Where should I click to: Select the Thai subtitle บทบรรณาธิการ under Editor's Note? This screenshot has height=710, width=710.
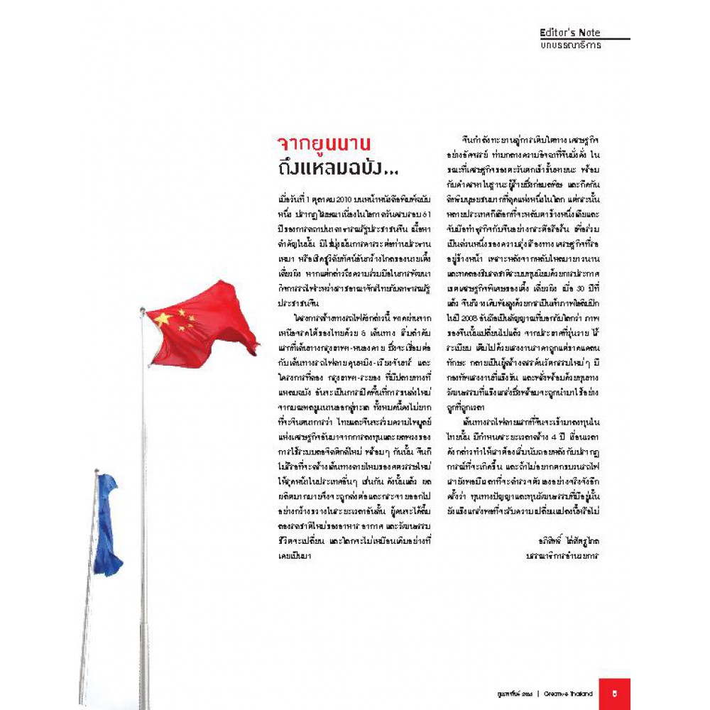570,45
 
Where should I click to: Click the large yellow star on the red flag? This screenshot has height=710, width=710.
163,319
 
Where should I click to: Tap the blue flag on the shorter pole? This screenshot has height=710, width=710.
107,525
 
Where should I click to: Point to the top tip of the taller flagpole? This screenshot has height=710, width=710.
143,310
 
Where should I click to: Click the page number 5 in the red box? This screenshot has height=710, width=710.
614,692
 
